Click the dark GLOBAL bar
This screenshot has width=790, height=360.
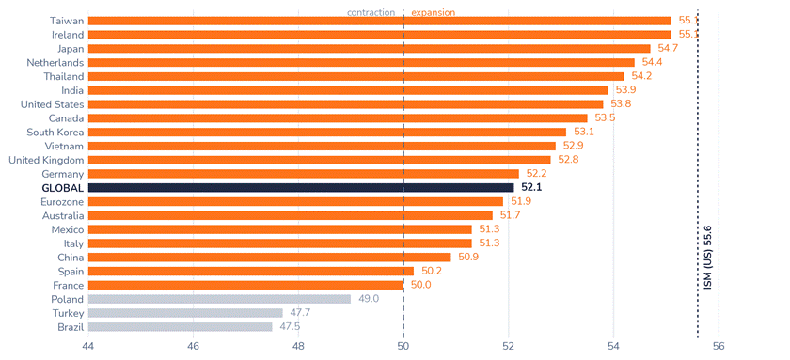coord(301,188)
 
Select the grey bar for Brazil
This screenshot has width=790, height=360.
coord(181,327)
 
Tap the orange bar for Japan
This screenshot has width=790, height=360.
coord(370,49)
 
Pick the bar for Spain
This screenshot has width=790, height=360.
coord(251,272)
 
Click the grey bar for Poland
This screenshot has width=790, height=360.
coord(220,299)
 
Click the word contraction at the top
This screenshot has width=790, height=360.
coord(371,12)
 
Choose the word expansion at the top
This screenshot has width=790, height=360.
coord(434,12)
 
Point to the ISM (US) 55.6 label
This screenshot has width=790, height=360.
coord(708,258)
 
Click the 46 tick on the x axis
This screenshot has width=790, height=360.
coord(194,347)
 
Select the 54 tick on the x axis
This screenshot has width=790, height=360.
coord(613,347)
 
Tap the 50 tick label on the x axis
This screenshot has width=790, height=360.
coord(403,347)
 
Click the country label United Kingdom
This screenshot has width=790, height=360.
coord(46,160)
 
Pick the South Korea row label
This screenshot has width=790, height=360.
coord(55,133)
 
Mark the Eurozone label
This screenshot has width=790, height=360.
coord(62,202)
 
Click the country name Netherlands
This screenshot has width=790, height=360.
coord(55,62)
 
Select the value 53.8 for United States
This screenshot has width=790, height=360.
coord(621,104)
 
